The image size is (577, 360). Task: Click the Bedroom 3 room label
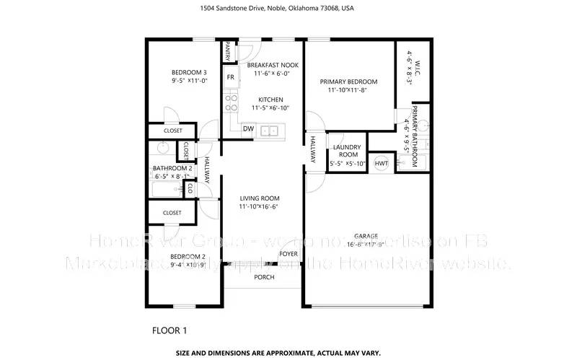click(x=189, y=72)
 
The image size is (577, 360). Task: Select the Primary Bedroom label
click(x=348, y=82)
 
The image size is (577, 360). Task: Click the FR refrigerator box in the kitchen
click(x=231, y=77)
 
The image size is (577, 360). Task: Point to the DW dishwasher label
click(x=247, y=129)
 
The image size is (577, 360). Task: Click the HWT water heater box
click(x=381, y=163)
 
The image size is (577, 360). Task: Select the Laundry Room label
click(x=347, y=151)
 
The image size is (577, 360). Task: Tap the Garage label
click(x=366, y=236)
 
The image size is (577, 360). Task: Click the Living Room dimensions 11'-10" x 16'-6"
click(x=259, y=206)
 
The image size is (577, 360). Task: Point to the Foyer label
click(x=288, y=254)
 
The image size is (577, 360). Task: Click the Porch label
click(x=263, y=276)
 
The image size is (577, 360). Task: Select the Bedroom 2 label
click(x=189, y=257)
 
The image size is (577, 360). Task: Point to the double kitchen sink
click(x=270, y=131)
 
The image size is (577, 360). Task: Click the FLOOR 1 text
click(x=169, y=331)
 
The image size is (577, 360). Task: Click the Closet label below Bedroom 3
click(x=172, y=131)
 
